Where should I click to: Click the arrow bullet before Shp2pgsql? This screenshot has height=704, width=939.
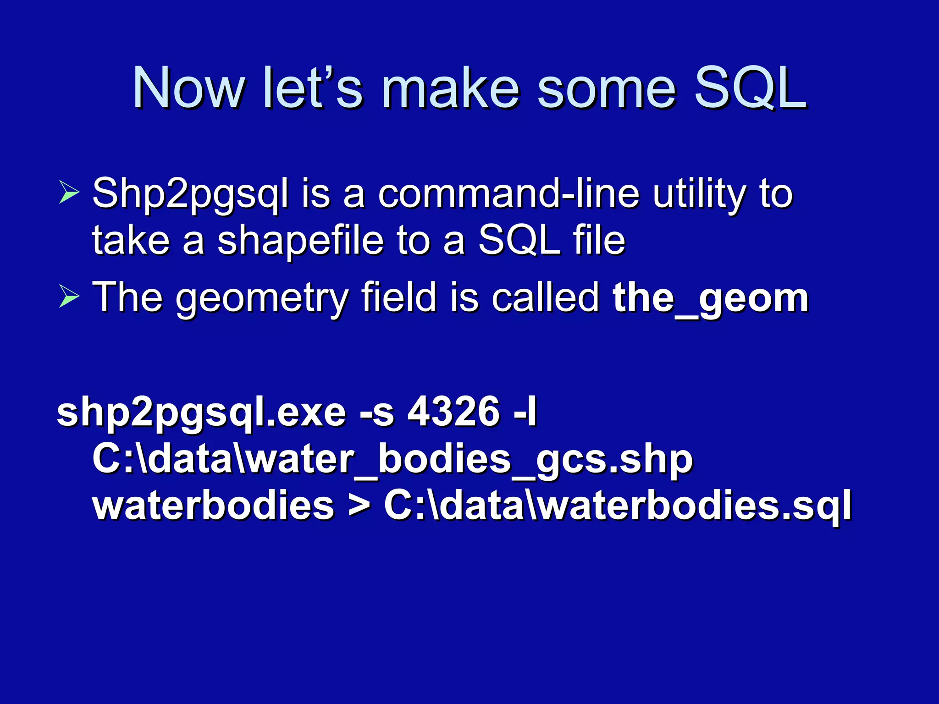(69, 192)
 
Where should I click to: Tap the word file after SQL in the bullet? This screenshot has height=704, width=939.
(599, 240)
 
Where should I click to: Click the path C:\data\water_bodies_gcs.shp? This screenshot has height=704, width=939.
(392, 460)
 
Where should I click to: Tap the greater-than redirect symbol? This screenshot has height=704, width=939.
(359, 506)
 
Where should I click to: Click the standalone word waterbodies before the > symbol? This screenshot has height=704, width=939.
(214, 506)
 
